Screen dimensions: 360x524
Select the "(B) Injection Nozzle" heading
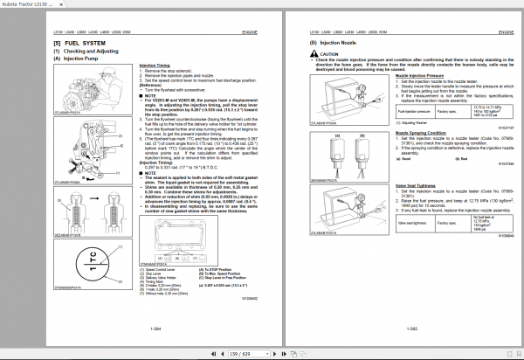(315, 43)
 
